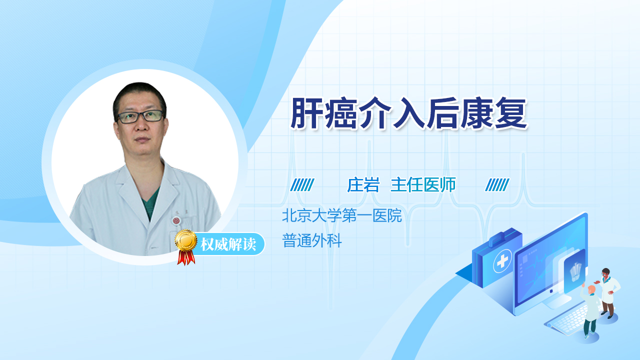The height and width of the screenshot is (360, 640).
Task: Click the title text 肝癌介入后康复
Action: click(x=408, y=113)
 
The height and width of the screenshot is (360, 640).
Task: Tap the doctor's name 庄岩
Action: click(x=363, y=185)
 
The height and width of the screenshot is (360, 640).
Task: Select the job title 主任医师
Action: click(x=423, y=185)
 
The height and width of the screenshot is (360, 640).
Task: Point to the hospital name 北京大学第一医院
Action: click(x=342, y=215)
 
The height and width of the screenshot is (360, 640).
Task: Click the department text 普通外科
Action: click(x=312, y=240)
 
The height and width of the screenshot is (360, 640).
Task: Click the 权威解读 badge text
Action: click(x=228, y=244)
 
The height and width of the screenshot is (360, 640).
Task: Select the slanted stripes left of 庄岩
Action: click(x=302, y=185)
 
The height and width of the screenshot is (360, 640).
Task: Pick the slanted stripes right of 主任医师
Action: click(x=497, y=185)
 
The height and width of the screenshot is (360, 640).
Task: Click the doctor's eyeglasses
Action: click(x=140, y=116)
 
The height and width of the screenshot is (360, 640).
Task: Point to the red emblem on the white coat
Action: click(x=176, y=220)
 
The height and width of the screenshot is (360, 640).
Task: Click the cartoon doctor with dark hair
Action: click(x=608, y=292)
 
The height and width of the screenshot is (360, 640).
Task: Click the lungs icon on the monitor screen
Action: click(x=575, y=272)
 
